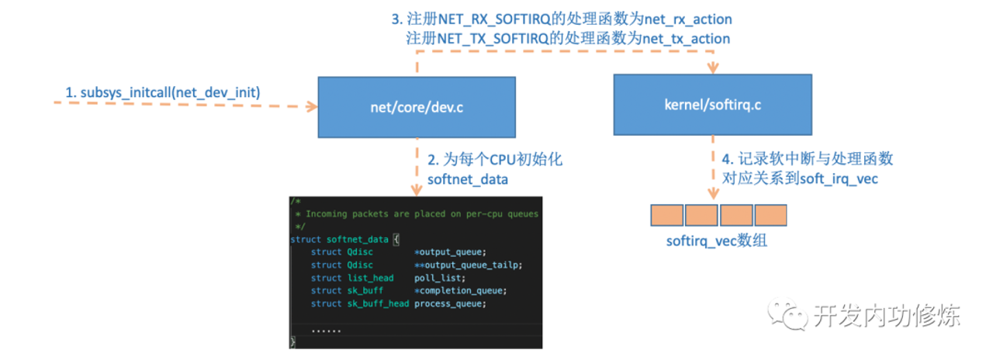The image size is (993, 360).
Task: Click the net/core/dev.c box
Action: (x=417, y=108)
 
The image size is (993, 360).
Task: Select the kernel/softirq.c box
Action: (x=712, y=105)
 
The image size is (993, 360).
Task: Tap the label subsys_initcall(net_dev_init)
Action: (x=162, y=93)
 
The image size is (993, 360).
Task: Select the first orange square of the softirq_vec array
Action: (x=666, y=215)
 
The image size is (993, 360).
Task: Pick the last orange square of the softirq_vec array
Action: (x=770, y=215)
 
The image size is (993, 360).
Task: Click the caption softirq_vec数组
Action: (x=717, y=241)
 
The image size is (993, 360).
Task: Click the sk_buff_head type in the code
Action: (x=378, y=303)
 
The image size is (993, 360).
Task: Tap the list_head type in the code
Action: (x=370, y=278)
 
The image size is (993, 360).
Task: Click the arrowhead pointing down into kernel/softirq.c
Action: (x=712, y=70)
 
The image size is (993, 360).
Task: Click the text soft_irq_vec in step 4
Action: (x=849, y=177)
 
